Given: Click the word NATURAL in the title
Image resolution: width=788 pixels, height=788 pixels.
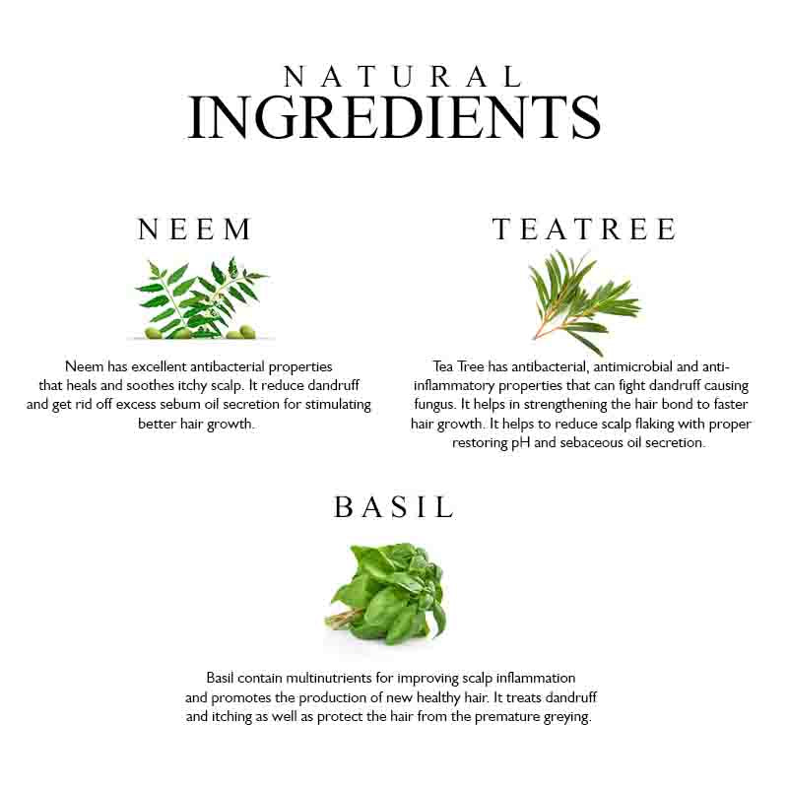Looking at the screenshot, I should click(402, 77).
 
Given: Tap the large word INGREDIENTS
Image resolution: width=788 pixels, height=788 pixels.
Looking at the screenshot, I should click(394, 118).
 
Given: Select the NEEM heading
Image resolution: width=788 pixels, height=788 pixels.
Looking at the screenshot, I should click(196, 230).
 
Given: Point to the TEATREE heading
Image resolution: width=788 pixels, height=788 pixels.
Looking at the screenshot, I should click(584, 230).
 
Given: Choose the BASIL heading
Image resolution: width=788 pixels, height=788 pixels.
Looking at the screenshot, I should click(394, 506).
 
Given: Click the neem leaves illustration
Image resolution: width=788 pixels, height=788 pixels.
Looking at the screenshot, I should click(202, 298).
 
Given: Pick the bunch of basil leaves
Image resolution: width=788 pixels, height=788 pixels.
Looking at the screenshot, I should click(388, 592).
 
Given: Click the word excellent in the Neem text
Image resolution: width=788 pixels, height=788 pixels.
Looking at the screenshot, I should click(162, 365).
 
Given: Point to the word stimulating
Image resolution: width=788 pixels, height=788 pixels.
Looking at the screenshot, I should click(333, 404).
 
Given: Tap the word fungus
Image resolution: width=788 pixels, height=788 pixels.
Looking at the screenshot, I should click(432, 404).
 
